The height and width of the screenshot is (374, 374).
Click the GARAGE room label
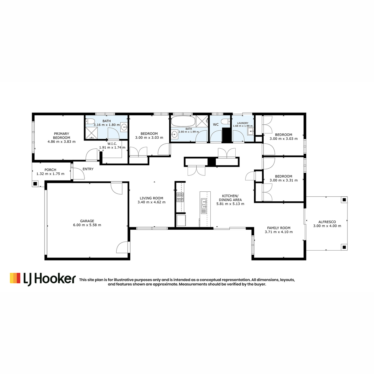pyautogui.click(x=87, y=221)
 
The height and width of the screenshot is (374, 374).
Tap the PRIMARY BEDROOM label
pyautogui.click(x=61, y=136)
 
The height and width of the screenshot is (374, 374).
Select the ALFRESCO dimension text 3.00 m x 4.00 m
pyautogui.click(x=327, y=226)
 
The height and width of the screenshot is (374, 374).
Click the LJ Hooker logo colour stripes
pyautogui.click(x=15, y=278)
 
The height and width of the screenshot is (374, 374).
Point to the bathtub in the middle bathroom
pyautogui.click(x=183, y=121)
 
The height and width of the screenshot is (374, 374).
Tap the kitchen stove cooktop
pyautogui.click(x=180, y=197)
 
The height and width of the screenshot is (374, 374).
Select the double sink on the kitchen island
pyautogui.click(x=204, y=204)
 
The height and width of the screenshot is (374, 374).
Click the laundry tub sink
pyautogui.click(x=250, y=132)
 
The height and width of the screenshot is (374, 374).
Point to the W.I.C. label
pyautogui.click(x=112, y=144)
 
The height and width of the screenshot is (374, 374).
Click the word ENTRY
pyautogui.click(x=88, y=169)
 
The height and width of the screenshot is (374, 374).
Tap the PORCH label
pyautogui.click(x=50, y=170)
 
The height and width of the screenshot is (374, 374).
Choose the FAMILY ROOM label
pyautogui.click(x=279, y=228)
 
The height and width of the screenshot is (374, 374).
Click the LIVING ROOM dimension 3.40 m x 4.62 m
pyautogui.click(x=151, y=202)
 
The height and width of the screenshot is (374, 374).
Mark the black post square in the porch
pyautogui.click(x=35, y=183)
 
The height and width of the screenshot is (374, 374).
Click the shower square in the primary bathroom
pyautogui.click(x=92, y=133)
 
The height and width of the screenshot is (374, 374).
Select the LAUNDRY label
pyautogui.click(x=242, y=123)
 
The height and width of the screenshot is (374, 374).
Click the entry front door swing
pyautogui.click(x=79, y=174)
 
